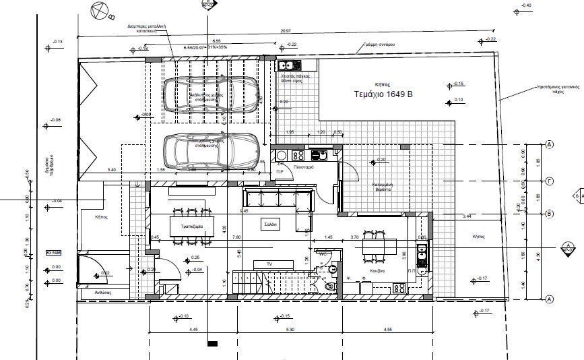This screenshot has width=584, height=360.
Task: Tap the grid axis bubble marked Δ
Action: (549, 144)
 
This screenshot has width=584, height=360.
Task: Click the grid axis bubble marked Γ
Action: (549, 181)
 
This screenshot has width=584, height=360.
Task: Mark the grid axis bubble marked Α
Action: (549, 299)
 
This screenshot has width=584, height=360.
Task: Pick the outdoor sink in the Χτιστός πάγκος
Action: (291, 65)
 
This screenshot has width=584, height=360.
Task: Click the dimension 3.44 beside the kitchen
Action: (467, 216)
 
